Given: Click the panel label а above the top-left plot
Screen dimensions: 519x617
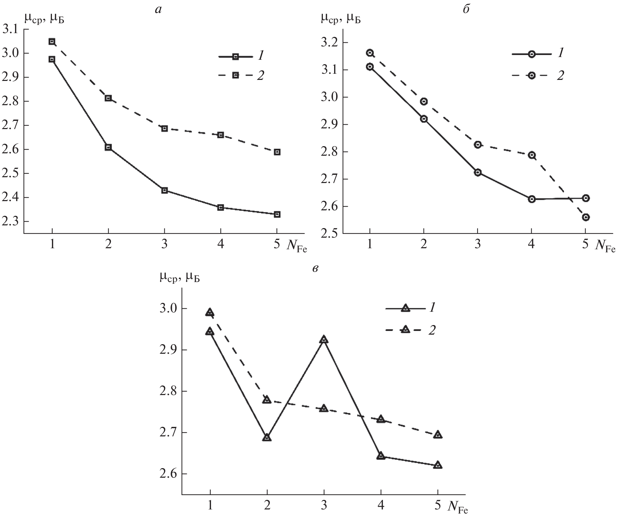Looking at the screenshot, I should coord(158,10).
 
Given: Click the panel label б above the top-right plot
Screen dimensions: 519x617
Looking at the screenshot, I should coord(466,9).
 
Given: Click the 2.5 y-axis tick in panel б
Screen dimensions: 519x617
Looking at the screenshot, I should coord(330,234).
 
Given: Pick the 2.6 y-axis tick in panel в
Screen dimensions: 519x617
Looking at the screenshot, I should coord(168,474).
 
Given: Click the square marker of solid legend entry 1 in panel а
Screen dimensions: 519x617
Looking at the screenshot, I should coord(235,57).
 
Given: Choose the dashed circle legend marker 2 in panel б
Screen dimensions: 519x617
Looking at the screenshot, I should coord(532,75).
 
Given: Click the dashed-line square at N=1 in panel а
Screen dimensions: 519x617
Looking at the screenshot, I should coord(52,42).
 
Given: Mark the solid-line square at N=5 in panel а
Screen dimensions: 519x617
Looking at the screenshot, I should coord(277,214).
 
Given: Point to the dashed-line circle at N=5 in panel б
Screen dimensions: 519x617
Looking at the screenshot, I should coord(586,218).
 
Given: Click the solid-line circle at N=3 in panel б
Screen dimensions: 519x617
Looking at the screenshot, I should coord(478,172).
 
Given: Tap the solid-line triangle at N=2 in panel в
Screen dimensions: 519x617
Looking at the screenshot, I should coord(267,438).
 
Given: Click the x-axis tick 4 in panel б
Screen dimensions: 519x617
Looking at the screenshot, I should coord(532,244).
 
